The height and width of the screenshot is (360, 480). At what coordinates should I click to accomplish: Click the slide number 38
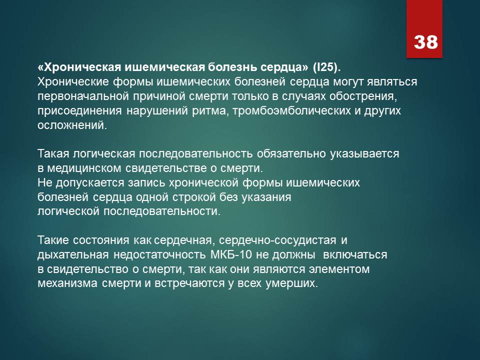point(426,41)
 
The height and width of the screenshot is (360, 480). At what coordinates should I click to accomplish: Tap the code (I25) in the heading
point(326,67)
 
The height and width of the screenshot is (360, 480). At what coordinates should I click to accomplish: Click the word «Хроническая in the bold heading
point(80,67)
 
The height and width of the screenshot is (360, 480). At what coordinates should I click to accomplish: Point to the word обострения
point(363,96)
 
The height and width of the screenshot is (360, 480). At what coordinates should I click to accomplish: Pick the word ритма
point(209,111)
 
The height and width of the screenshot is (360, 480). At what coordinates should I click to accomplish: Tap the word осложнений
point(72,125)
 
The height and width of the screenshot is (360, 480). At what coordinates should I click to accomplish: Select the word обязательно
point(291,153)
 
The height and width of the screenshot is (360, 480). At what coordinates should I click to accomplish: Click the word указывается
point(364,154)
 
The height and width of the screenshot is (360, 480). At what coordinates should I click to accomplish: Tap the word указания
point(266,197)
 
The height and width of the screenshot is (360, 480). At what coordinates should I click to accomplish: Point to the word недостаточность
point(159,254)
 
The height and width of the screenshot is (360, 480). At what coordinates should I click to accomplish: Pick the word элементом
point(339,269)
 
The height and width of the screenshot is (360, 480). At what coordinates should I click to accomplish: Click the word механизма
point(67,283)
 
